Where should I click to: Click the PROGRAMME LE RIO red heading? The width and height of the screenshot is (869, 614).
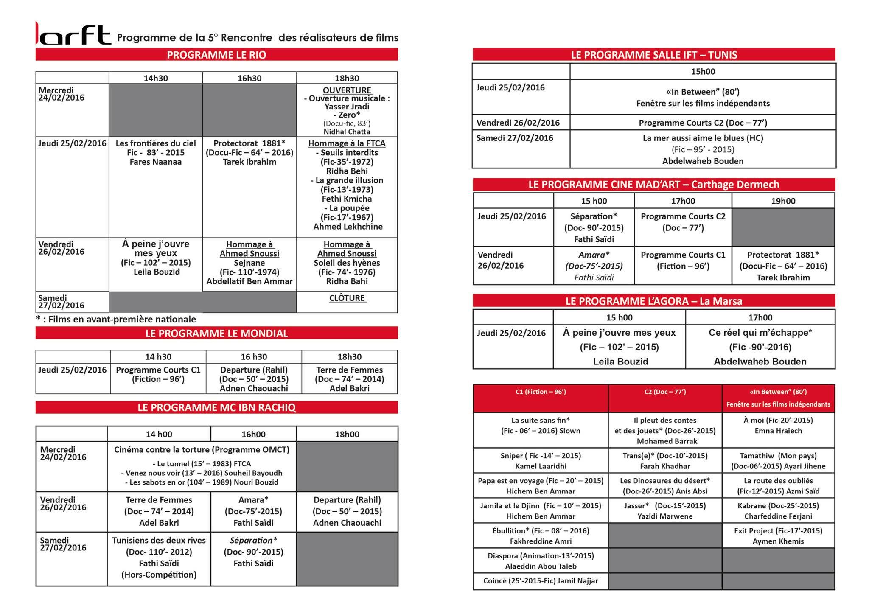pyautogui.click(x=216, y=55)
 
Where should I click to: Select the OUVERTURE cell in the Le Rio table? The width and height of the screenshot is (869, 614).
pyautogui.click(x=347, y=110)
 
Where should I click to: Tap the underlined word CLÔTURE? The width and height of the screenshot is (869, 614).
pyautogui.click(x=347, y=298)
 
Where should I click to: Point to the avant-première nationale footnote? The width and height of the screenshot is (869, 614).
pyautogui.click(x=116, y=319)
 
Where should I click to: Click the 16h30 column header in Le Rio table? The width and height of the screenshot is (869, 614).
pyautogui.click(x=249, y=78)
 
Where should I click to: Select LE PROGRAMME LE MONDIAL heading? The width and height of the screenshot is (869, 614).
pyautogui.click(x=216, y=334)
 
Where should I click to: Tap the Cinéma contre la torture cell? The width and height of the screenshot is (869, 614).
pyautogui.click(x=202, y=466)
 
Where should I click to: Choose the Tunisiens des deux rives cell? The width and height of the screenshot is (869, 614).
pyautogui.click(x=159, y=557)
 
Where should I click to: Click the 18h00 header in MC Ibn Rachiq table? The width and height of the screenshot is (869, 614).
pyautogui.click(x=347, y=434)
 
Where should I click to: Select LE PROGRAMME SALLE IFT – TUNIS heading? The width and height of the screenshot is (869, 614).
pyautogui.click(x=654, y=55)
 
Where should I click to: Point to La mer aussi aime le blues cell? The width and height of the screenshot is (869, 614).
pyautogui.click(x=703, y=149)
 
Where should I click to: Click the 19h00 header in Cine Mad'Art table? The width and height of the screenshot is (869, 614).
pyautogui.click(x=783, y=201)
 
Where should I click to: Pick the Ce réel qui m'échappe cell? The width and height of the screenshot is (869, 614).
pyautogui.click(x=760, y=347)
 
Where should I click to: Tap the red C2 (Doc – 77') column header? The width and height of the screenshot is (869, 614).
pyautogui.click(x=665, y=392)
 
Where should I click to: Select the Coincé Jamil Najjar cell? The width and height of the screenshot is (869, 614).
pyautogui.click(x=541, y=581)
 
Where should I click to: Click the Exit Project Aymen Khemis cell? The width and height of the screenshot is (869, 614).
pyautogui.click(x=778, y=535)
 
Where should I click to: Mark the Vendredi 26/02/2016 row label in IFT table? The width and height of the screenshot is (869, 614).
pyautogui.click(x=521, y=123)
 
